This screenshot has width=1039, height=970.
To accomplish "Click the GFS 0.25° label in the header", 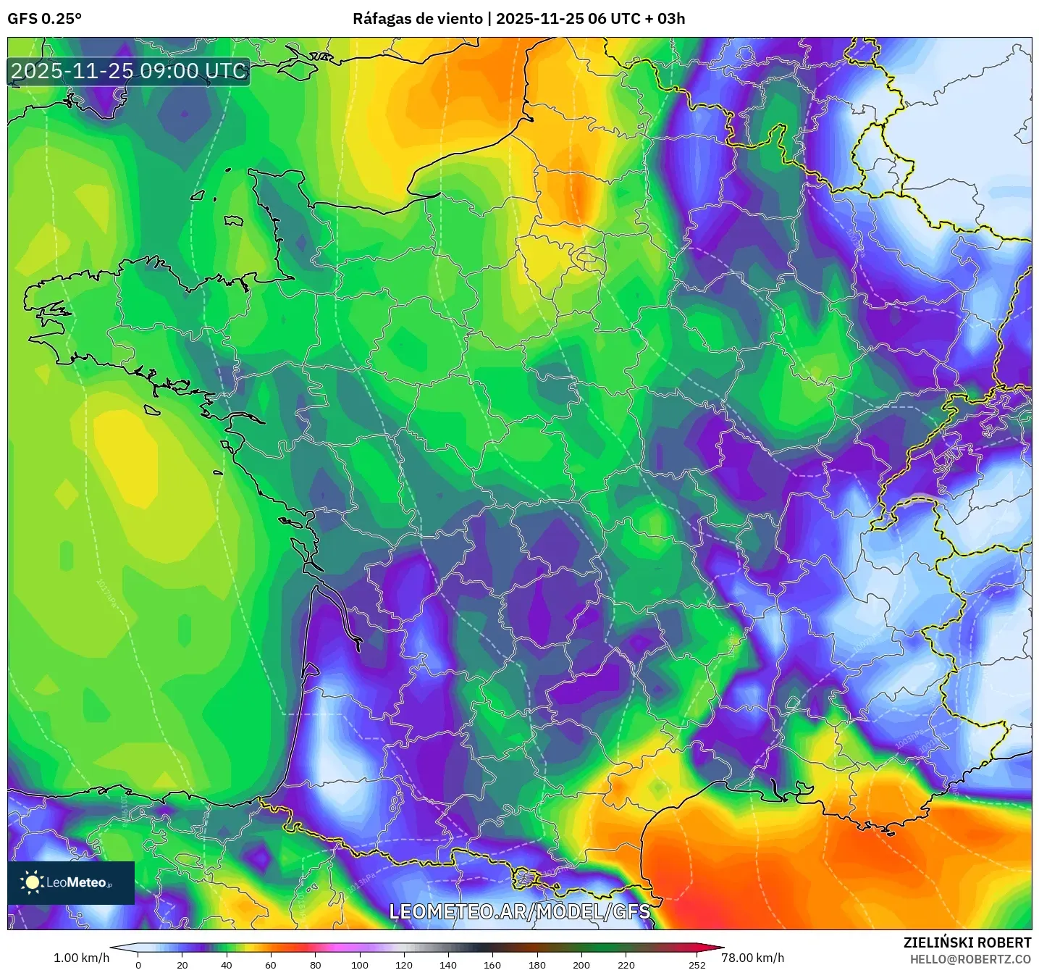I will click(44, 19).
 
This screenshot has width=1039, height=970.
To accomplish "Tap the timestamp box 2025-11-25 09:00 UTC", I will click(129, 71).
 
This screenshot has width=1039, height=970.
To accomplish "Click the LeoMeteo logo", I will click(71, 882).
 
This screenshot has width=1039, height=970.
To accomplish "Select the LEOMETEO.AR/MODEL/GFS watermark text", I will click(519, 911).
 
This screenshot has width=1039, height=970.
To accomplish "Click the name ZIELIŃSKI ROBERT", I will click(967, 942).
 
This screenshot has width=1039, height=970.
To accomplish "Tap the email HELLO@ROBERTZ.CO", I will click(970, 959).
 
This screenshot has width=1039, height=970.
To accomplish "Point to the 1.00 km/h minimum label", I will click(81, 958).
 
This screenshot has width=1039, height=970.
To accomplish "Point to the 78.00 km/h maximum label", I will click(752, 958).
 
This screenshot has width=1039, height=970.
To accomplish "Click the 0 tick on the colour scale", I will click(138, 964).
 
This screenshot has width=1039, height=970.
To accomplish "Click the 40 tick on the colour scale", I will click(227, 964).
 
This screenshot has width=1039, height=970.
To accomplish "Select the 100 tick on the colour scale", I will click(360, 964).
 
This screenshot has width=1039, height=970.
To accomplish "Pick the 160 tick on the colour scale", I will click(492, 964).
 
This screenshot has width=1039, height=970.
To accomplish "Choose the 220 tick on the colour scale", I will click(626, 964).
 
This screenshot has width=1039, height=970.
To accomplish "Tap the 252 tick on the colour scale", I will click(697, 964).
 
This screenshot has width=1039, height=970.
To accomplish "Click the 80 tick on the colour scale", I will click(316, 964).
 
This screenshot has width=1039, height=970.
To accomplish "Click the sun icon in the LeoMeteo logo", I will click(32, 882).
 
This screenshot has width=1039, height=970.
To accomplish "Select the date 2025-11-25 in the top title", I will click(540, 19).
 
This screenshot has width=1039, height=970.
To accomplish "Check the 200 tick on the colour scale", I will click(581, 964).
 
